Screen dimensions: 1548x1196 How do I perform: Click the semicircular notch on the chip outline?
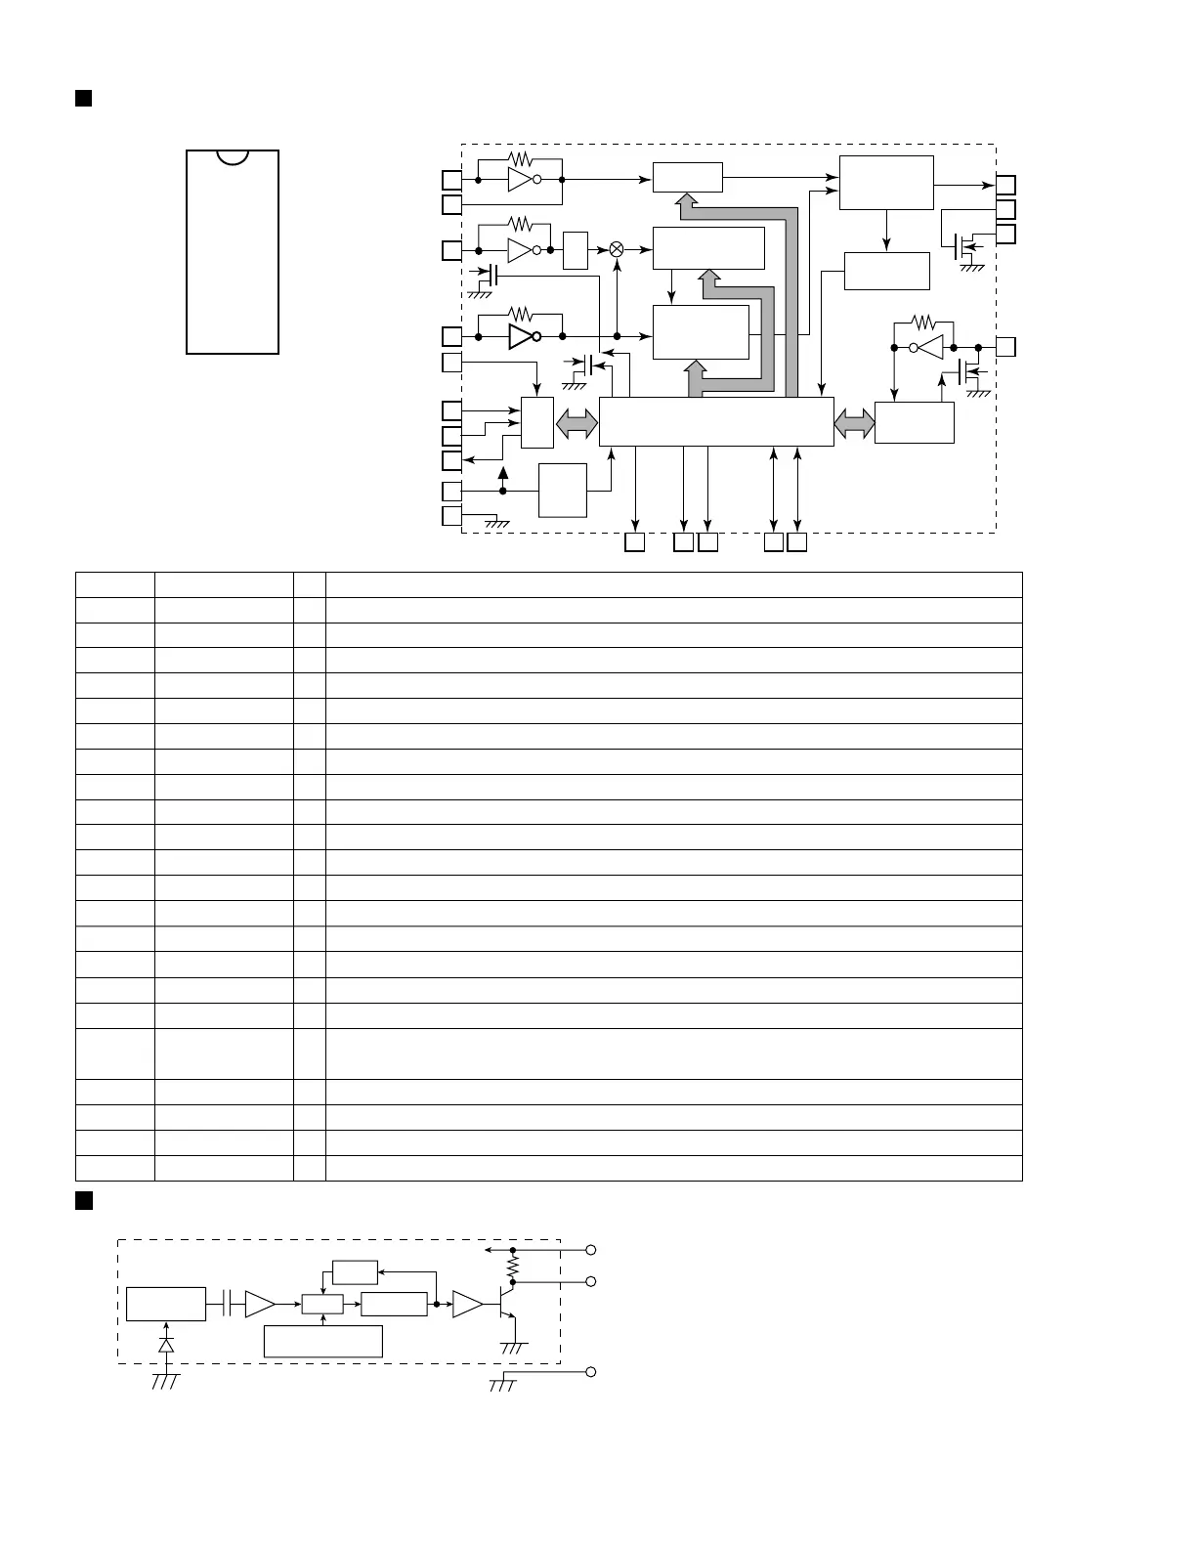tap(233, 156)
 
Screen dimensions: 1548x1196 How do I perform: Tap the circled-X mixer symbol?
tap(617, 249)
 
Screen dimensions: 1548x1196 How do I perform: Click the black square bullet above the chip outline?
tap(83, 98)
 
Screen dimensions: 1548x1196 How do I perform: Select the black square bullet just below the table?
tap(83, 1201)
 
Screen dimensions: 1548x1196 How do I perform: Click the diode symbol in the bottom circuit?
tap(166, 1345)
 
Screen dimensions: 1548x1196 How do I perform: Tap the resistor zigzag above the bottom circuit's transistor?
tap(511, 1267)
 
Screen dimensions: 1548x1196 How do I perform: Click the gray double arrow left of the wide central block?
tap(577, 423)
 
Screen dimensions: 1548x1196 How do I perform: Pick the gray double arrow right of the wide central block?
tap(855, 423)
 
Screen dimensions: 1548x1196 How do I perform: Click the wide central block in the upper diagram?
tap(715, 421)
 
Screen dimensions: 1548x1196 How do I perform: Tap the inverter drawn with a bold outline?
tap(525, 336)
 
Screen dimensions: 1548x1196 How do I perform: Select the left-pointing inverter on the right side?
tap(928, 347)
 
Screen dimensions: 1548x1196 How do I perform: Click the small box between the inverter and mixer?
tap(576, 250)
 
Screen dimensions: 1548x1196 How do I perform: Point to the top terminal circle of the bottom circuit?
tap(590, 1250)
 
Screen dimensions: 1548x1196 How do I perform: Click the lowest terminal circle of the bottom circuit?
tap(590, 1372)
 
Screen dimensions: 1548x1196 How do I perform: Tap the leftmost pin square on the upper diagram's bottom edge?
tap(634, 542)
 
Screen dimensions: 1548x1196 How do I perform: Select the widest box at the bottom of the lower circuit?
tap(322, 1341)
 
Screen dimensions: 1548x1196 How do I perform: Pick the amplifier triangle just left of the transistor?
tap(467, 1305)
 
